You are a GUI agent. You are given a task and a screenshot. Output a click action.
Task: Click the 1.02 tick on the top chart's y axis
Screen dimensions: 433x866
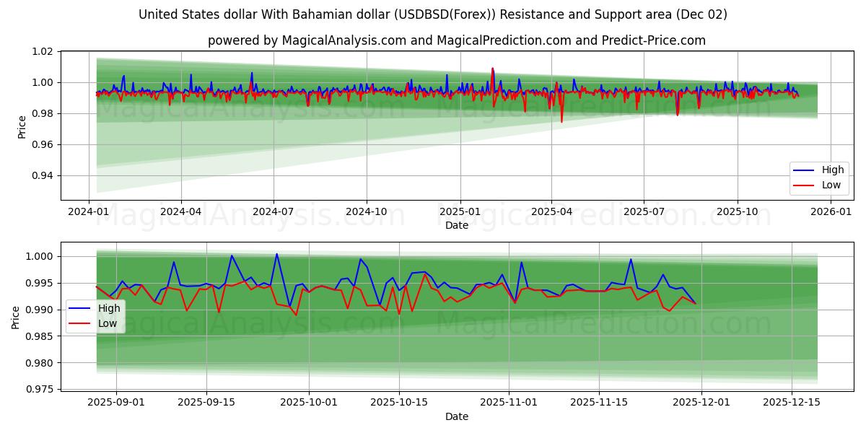coord(43,52)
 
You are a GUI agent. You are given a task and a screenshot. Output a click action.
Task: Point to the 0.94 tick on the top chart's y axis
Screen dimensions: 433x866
coord(43,176)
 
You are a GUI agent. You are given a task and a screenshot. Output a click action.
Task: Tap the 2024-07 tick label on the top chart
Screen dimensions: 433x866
coord(274,212)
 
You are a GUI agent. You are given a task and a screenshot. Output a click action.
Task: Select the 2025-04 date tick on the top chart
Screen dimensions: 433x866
coord(551,212)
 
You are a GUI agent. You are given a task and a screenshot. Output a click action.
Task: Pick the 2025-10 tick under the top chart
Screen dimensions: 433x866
coord(737,212)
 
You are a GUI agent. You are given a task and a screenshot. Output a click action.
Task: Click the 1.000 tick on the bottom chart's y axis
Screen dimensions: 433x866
coord(40,257)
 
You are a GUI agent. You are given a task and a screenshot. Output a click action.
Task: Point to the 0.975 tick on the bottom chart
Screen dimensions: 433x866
coord(40,390)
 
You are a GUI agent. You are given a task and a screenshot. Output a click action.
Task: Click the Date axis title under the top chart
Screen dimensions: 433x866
coord(457,225)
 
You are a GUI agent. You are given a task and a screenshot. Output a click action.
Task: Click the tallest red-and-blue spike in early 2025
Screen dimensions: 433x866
coord(492,69)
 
